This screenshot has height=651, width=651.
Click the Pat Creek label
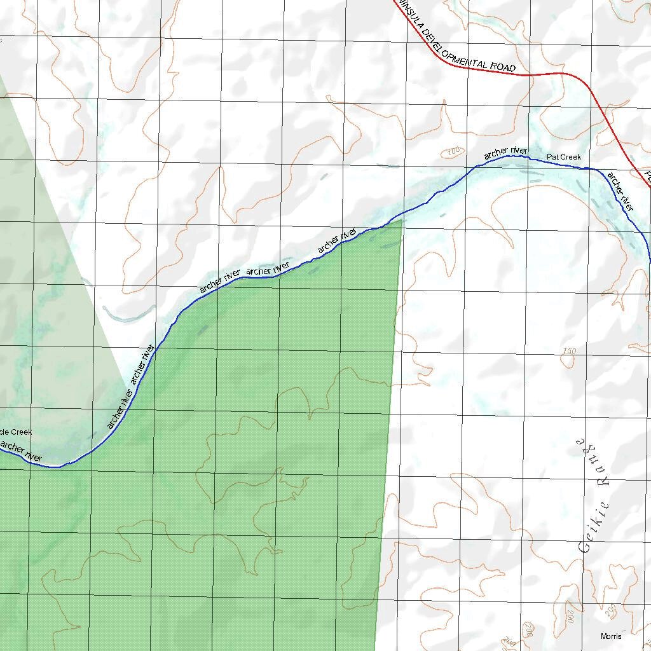pos(564,156)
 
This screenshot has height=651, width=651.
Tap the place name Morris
pos(612,636)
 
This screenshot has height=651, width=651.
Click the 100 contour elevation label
pos(453,152)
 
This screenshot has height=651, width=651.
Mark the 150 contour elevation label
pos(569,351)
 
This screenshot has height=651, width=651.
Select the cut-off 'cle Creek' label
pos(16,432)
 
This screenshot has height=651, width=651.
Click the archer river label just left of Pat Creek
pos(505,152)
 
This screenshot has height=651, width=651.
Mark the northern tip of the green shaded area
pos(401,220)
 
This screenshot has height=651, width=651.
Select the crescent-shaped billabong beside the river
pos(127,316)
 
